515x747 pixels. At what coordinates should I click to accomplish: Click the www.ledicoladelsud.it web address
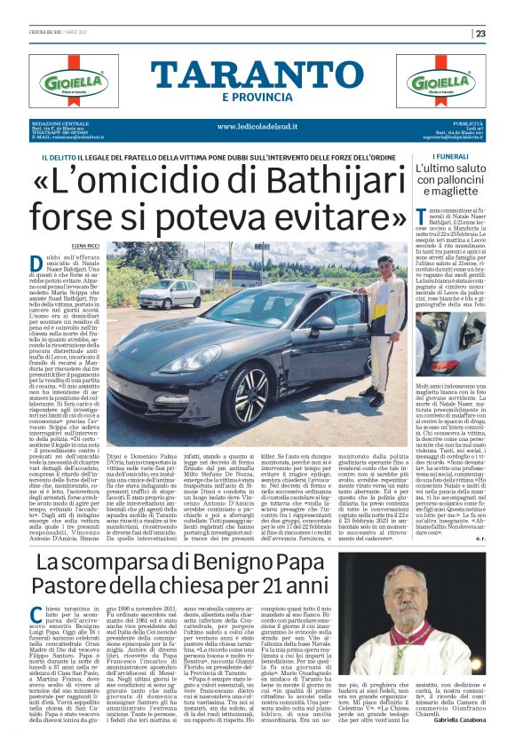pyautogui.click(x=257, y=126)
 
